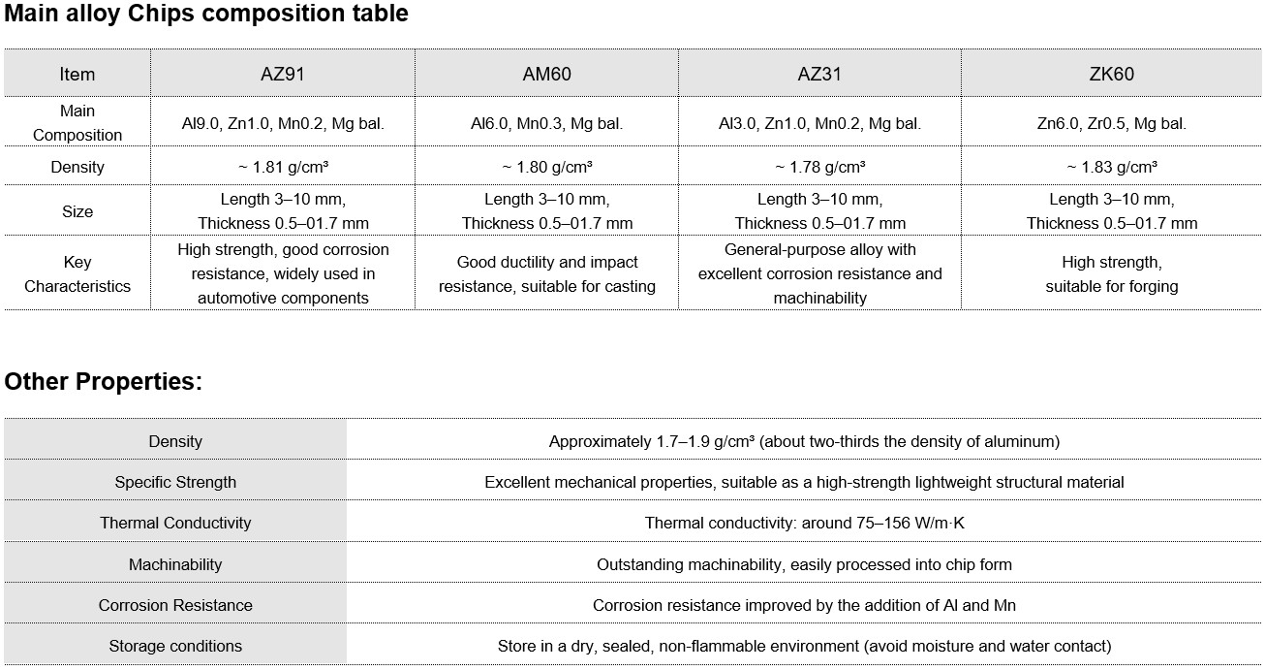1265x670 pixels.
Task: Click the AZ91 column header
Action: pos(283,74)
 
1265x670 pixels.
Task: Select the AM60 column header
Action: pos(546,74)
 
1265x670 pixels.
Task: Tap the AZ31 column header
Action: pos(819,74)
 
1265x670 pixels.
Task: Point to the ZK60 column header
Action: pos(1111,74)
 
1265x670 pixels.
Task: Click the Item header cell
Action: pos(77,74)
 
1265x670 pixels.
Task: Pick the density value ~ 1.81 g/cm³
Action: pos(283,167)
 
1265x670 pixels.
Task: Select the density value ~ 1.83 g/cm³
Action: pos(1111,167)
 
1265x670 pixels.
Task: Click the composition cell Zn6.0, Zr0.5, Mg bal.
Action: pos(1111,123)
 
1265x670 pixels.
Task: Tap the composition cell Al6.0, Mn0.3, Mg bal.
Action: pos(546,123)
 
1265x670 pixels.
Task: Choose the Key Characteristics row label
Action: pos(77,273)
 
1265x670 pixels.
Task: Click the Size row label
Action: pos(77,211)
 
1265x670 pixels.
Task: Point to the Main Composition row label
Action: pos(77,123)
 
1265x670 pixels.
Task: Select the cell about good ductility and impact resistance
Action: pos(546,273)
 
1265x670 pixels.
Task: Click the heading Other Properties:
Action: pos(103,381)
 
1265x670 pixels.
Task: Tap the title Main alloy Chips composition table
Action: pos(205,14)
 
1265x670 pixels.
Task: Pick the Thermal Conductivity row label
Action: pos(175,523)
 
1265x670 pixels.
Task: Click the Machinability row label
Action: pos(175,564)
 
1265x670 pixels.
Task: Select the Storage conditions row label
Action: pos(175,646)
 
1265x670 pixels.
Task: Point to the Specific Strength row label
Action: pos(175,482)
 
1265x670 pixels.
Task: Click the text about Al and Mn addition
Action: pos(804,605)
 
